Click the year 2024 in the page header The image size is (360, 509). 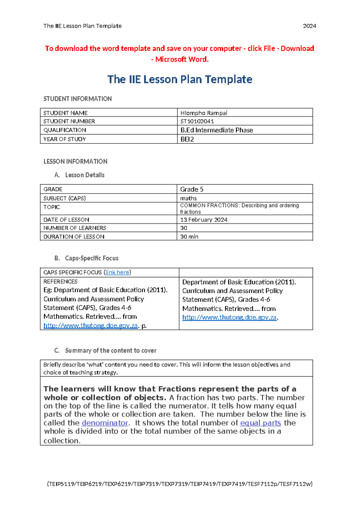click(x=309, y=26)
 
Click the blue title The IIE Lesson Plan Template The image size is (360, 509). click(x=180, y=80)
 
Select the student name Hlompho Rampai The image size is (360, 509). click(x=204, y=113)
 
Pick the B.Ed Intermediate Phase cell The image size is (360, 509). click(x=217, y=130)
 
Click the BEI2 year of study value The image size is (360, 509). click(x=187, y=139)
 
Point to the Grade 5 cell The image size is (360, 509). click(x=192, y=189)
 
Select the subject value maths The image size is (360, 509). click(x=188, y=198)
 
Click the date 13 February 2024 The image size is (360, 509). click(x=204, y=220)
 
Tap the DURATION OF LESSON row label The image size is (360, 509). click(x=74, y=236)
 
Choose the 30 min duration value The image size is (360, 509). click(x=189, y=236)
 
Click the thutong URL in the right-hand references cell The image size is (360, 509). click(x=229, y=317)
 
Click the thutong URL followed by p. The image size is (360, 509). click(x=90, y=325)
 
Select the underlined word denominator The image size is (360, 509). click(x=105, y=423)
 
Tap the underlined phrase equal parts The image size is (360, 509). click(x=260, y=423)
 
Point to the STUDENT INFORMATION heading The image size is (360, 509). click(x=77, y=99)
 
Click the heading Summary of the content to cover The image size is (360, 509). click(x=110, y=351)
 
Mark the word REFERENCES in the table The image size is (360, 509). click(x=60, y=282)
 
